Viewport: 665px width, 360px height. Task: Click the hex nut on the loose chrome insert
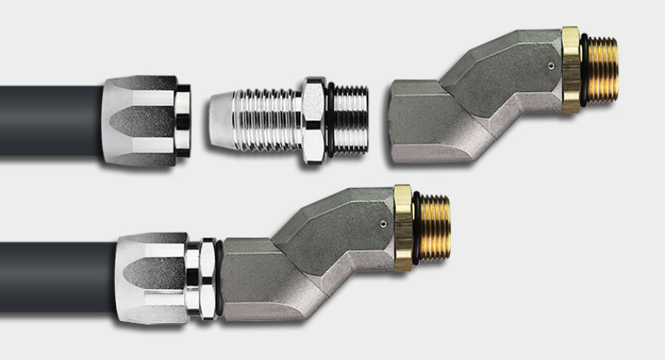coord(314,119)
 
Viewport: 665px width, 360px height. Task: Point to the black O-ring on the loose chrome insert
coord(330,120)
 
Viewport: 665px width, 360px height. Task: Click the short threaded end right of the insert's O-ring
coord(351,120)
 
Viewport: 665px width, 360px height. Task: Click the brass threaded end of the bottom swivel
coord(433,227)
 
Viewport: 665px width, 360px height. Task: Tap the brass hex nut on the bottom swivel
coord(403,228)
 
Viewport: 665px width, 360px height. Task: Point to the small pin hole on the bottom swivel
coord(382,224)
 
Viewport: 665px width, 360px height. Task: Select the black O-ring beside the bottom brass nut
coord(415,228)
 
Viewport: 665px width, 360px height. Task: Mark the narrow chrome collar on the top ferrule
coord(182,121)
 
